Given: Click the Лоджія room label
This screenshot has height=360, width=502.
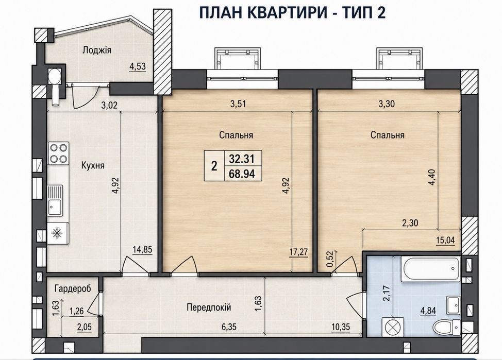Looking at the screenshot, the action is coord(97,50).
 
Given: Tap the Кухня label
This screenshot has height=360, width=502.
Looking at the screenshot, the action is coord(93,165).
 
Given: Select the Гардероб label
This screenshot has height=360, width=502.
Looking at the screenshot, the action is coord(73,288).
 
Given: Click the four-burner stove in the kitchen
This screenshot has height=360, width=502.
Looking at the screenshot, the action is coord(59,153).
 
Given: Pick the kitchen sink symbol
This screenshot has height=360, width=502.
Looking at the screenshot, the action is coord(55,201).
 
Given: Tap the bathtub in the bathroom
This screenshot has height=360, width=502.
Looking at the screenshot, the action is coord(430,269).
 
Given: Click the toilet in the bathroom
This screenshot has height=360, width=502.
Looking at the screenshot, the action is coord(446,327).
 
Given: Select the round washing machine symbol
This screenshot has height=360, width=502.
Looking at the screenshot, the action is coord(391,327).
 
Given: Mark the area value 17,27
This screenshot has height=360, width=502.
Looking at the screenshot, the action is coord(299,252).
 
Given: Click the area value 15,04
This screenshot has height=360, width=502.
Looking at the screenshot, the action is coord(445,240).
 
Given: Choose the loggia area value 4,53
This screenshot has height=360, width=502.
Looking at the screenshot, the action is coord(138,66).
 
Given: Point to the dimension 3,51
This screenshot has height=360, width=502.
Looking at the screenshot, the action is coord(238,104).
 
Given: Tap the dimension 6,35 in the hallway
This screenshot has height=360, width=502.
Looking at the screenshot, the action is coord(228,327).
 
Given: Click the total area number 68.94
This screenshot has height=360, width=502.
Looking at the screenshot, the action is coord(242,174).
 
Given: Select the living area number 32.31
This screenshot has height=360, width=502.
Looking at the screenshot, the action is coord(242,159).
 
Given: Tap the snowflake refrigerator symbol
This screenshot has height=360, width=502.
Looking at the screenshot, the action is coord(58,233).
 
